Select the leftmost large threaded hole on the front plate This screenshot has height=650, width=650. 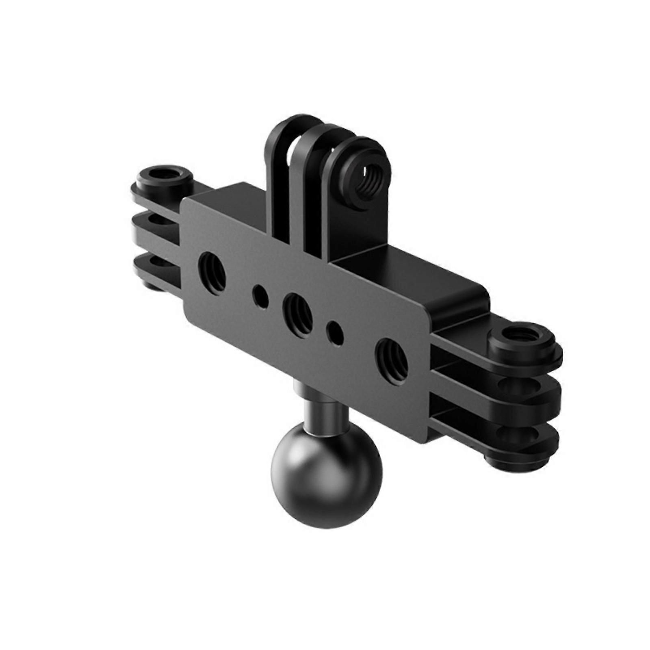(x=212, y=271)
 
